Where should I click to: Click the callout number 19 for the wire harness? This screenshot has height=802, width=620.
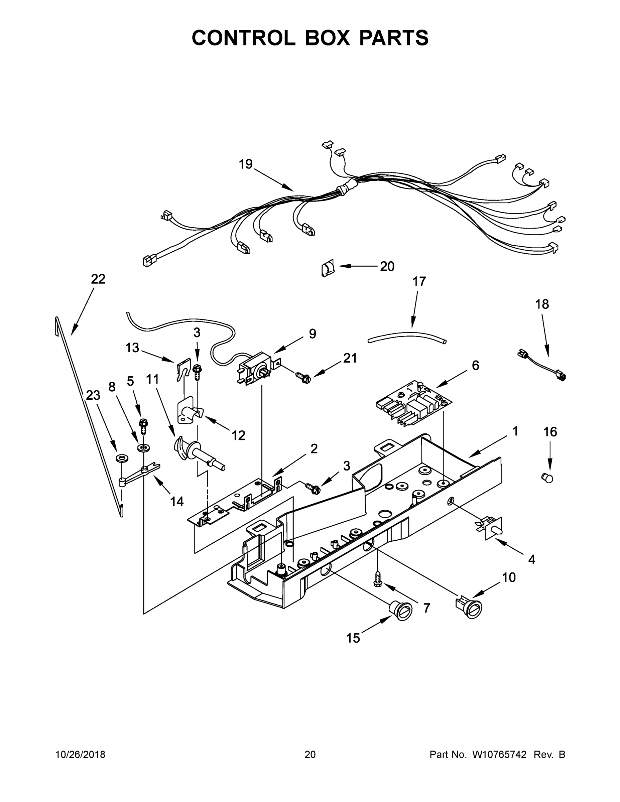[246, 164]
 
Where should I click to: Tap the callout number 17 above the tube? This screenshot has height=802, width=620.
[419, 282]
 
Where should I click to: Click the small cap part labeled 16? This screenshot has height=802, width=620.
[547, 478]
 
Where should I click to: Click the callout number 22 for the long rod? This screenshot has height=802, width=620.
[98, 279]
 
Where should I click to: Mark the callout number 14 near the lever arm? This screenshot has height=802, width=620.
[177, 502]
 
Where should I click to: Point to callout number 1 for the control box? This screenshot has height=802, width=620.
[515, 431]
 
